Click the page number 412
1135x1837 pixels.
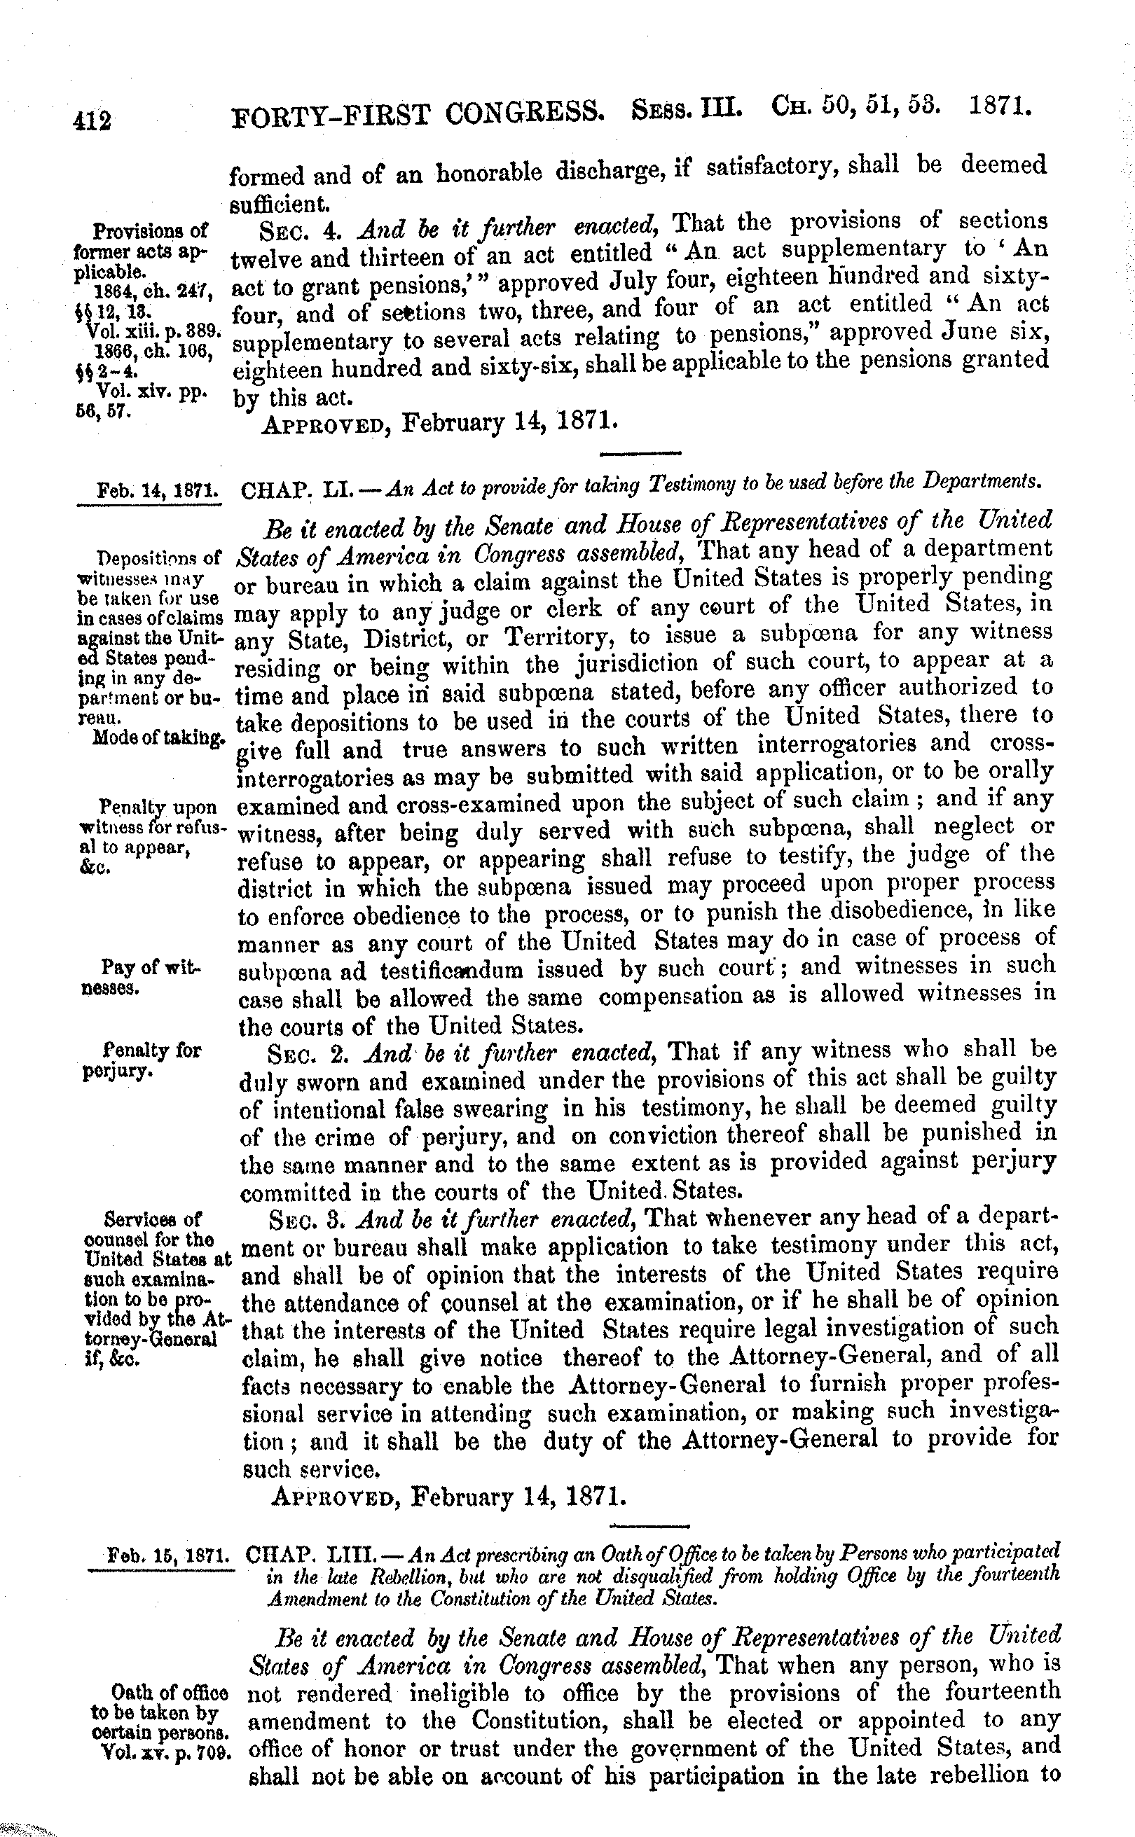coord(92,122)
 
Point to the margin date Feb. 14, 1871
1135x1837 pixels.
coord(158,491)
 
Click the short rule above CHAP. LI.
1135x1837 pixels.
coord(641,453)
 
